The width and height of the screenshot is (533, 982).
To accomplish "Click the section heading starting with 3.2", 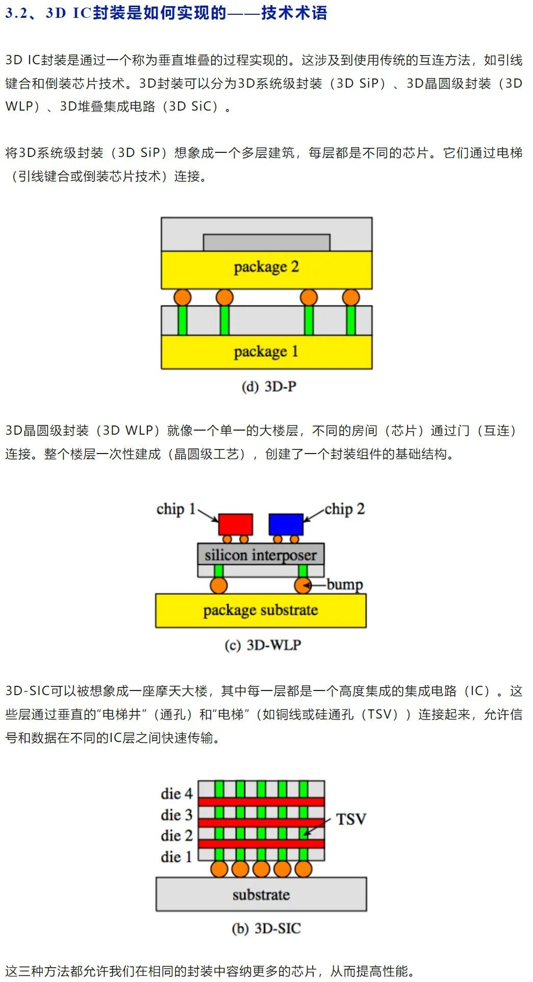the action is pos(166,13).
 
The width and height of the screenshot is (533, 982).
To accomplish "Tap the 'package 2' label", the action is pos(266,267).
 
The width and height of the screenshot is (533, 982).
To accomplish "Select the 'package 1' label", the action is pos(266,352).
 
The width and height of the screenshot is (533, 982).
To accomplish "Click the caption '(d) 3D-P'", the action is pos(269,387).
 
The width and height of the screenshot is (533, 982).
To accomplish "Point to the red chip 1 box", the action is pos(236,524).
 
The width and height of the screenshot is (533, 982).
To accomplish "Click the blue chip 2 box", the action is pos(286,524).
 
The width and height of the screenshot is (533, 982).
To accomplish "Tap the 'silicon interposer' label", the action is pos(261,555).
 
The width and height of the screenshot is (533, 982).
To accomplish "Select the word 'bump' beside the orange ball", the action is pos(345,585).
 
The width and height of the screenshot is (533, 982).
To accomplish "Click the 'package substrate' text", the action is pos(261,611).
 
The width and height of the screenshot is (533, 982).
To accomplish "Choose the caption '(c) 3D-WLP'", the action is pos(263,645).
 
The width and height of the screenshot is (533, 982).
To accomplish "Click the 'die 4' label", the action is pos(176,793).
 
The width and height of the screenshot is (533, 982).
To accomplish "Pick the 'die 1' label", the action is pos(176,857).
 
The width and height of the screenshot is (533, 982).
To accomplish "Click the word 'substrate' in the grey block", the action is pos(261,895).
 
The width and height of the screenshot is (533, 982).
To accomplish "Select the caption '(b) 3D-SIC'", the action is pos(266,928).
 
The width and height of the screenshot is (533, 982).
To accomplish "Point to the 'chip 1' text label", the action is pos(176,509).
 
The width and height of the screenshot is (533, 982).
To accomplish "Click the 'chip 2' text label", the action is pos(345,509).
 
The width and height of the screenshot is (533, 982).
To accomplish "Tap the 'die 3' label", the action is pos(176,815).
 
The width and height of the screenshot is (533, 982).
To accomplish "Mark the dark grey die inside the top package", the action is pos(267,243).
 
